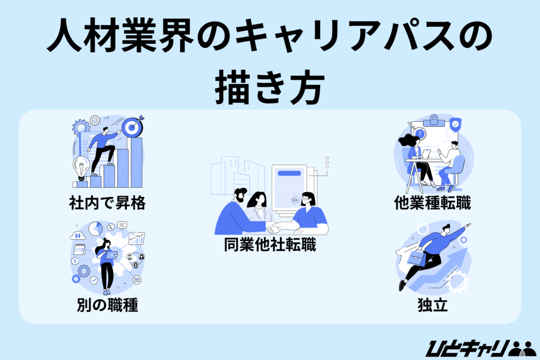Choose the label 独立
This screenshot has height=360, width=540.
[432, 305]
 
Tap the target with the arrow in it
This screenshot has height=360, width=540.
[131, 127]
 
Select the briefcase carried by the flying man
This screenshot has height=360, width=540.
[417, 259]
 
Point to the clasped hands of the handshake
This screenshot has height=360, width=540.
[273, 228]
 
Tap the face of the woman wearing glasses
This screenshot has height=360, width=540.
[308, 200]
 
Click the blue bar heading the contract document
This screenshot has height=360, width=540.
[288, 173]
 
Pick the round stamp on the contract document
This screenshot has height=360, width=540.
[295, 200]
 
